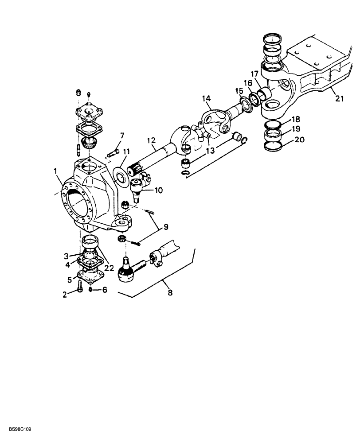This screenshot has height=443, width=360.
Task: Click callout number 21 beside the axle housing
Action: tap(339, 98)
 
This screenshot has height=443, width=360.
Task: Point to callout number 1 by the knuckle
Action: tap(56, 171)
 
